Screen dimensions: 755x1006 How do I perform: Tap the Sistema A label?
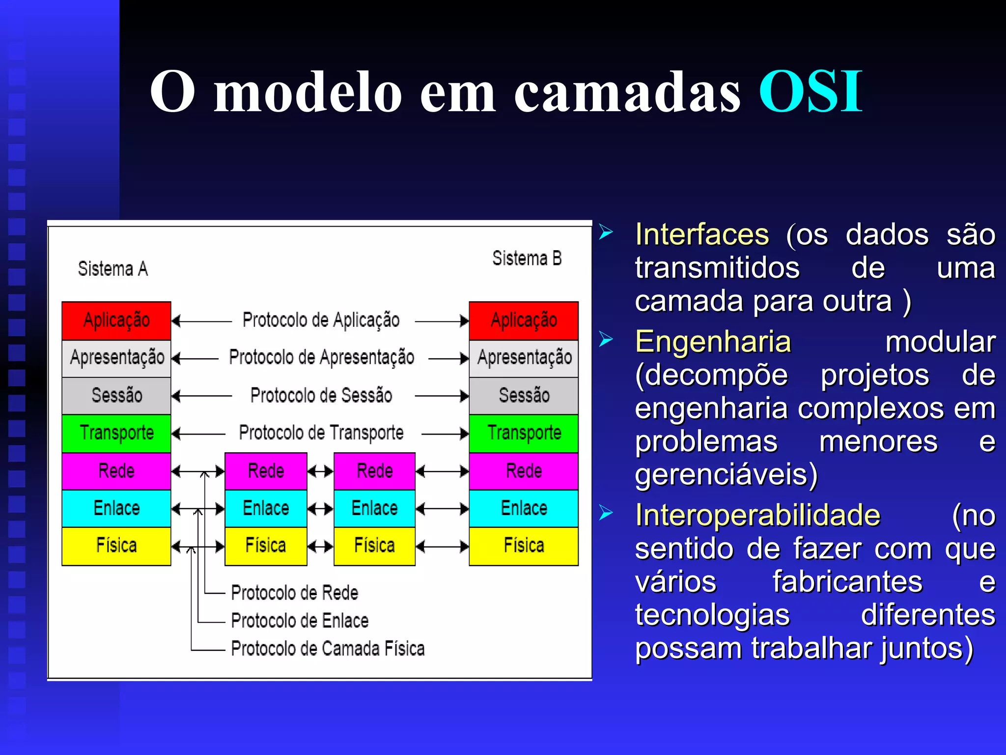pos(112,269)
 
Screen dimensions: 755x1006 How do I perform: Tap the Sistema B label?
pos(527,259)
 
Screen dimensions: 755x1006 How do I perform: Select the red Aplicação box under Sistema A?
pos(116,320)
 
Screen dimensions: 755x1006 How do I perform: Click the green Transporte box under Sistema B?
pos(524,433)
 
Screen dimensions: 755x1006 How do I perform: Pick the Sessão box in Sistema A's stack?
pos(116,396)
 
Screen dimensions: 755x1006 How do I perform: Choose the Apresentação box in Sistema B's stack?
pos(524,358)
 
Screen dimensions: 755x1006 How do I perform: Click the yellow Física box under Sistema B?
pos(524,546)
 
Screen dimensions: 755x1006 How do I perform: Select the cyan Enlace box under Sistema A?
pos(116,508)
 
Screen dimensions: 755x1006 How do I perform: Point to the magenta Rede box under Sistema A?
pos(116,471)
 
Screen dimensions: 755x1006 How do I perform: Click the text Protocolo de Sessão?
pos(321,396)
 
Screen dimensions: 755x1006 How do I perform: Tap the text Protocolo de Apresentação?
pos(321,358)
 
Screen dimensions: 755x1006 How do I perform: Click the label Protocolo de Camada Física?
pos(328,649)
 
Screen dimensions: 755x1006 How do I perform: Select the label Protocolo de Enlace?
pos(300,621)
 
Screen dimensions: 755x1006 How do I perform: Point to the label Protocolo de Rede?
pos(294,593)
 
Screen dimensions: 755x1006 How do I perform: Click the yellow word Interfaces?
pos(701,234)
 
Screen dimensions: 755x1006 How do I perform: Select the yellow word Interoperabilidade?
pos(757,516)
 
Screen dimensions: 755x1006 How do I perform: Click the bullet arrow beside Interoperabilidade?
pos(606,513)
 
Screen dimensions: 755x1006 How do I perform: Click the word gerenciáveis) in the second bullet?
pos(726,475)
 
